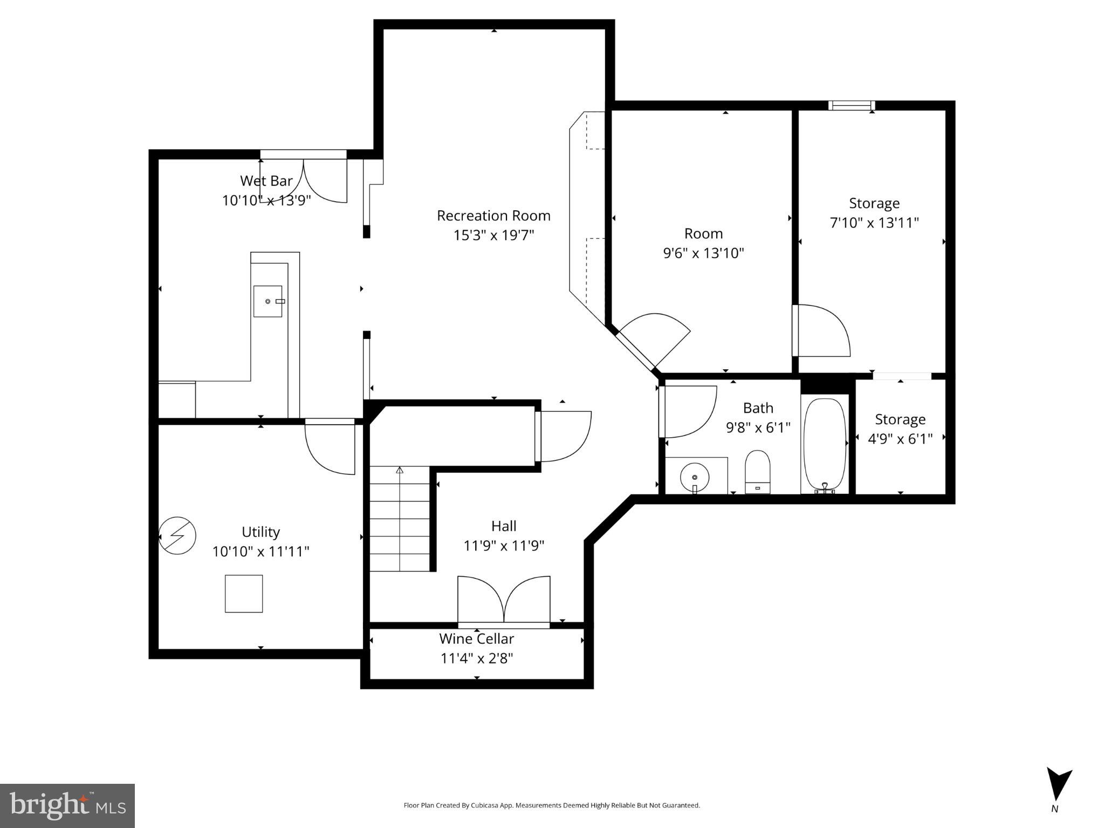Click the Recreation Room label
pyautogui.click(x=493, y=216)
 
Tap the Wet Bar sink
pyautogui.click(x=268, y=301)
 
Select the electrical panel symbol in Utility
pyautogui.click(x=177, y=535)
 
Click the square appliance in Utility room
pyautogui.click(x=244, y=594)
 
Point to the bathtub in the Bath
pyautogui.click(x=824, y=445)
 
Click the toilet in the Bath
pyautogui.click(x=757, y=472)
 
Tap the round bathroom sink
pyautogui.click(x=695, y=478)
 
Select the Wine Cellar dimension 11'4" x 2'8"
pyautogui.click(x=477, y=658)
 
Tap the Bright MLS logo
pyautogui.click(x=67, y=805)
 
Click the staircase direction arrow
pyautogui.click(x=400, y=470)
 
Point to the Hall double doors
pyautogui.click(x=504, y=600)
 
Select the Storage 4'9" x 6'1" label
pyautogui.click(x=900, y=429)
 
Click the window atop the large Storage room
pyautogui.click(x=851, y=106)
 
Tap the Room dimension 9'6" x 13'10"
pyautogui.click(x=703, y=253)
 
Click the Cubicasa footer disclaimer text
pyautogui.click(x=551, y=805)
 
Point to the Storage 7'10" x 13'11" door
pyautogui.click(x=821, y=330)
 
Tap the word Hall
pyautogui.click(x=504, y=526)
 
